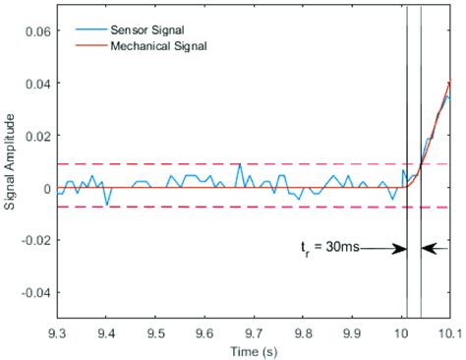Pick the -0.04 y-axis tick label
[x=34, y=293]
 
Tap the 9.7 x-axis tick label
[x=253, y=332]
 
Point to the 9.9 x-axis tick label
[x=351, y=332]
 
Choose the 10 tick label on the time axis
[x=400, y=332]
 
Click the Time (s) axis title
[x=253, y=350]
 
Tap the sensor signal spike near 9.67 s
[x=239, y=165]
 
